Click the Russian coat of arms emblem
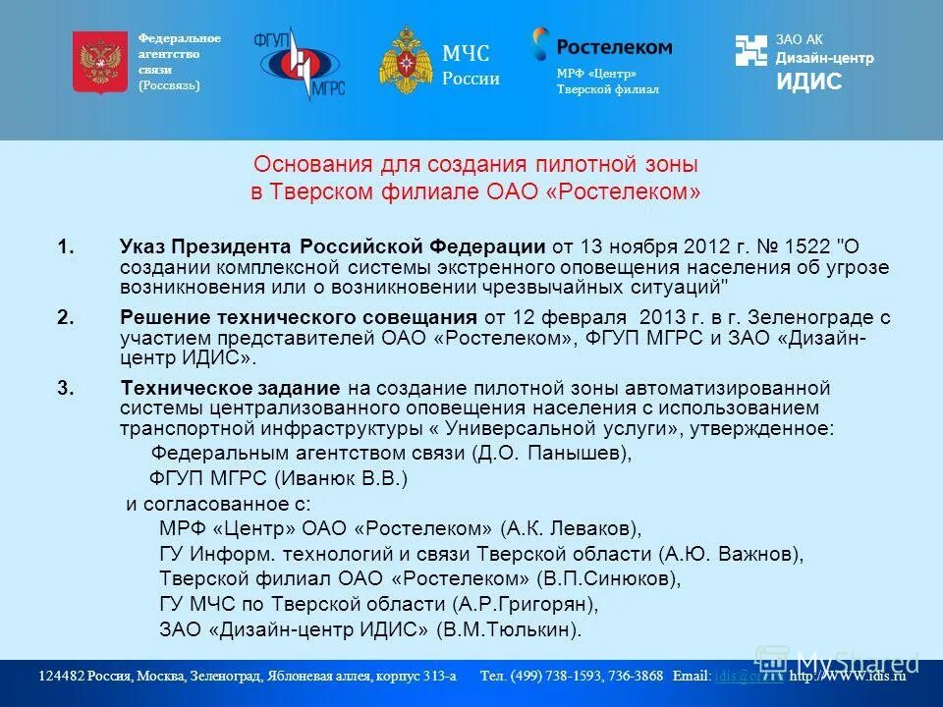100,62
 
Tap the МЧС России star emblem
405,61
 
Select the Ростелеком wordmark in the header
614,46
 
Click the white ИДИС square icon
751,51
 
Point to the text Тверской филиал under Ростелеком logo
607,89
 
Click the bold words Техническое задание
230,387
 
